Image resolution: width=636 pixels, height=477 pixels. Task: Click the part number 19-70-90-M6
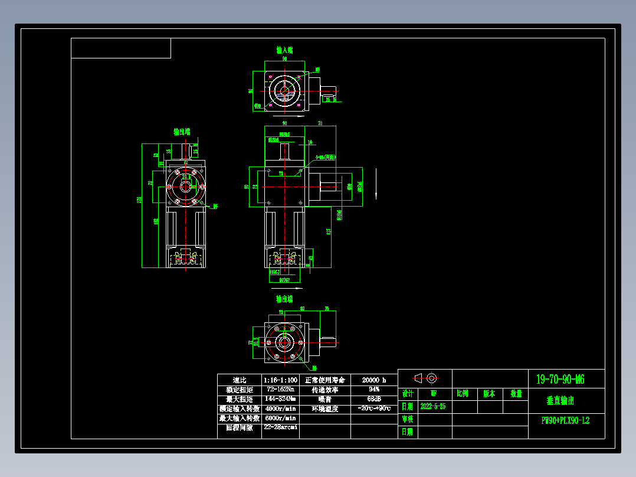pyautogui.click(x=560, y=379)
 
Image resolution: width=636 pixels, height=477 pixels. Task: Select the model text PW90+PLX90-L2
pyautogui.click(x=565, y=421)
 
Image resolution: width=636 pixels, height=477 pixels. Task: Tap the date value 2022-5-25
pyautogui.click(x=433, y=407)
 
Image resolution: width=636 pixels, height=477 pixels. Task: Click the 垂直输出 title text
pyautogui.click(x=560, y=401)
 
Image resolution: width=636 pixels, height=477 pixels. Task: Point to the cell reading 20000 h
pyautogui.click(x=373, y=380)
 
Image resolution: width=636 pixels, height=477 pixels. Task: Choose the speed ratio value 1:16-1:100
pyautogui.click(x=280, y=380)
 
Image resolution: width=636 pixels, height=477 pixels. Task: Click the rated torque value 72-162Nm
pyautogui.click(x=280, y=390)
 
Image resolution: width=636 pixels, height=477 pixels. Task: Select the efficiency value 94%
pyautogui.click(x=373, y=390)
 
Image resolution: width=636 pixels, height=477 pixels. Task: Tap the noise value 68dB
pyautogui.click(x=373, y=399)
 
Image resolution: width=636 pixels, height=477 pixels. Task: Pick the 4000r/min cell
pyautogui.click(x=280, y=409)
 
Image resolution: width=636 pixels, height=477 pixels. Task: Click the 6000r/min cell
pyautogui.click(x=280, y=418)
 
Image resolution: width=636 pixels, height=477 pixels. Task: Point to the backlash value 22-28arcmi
pyautogui.click(x=280, y=427)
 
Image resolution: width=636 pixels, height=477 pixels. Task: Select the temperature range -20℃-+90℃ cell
pyautogui.click(x=373, y=409)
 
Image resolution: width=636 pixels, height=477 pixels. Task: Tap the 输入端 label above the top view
pyautogui.click(x=284, y=50)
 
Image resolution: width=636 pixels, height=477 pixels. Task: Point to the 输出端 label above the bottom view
pyautogui.click(x=284, y=299)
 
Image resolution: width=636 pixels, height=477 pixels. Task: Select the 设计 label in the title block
pyautogui.click(x=408, y=394)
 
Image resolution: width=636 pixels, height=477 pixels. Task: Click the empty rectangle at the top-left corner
pyautogui.click(x=121, y=48)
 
